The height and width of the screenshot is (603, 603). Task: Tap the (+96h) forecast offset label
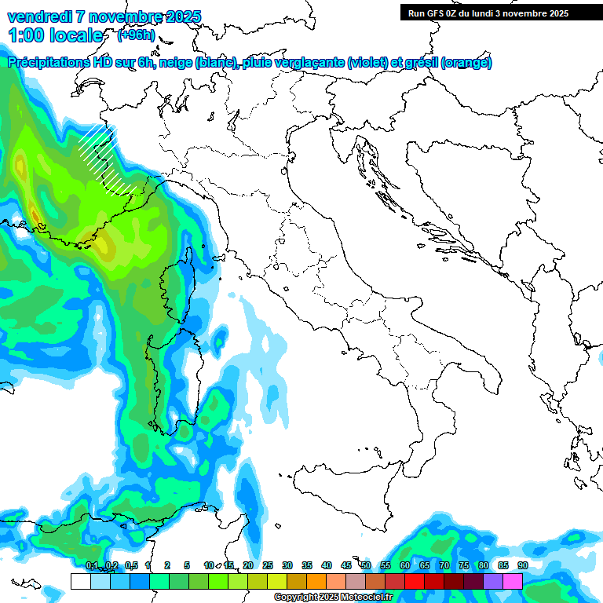(136, 35)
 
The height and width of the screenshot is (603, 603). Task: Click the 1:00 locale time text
(55, 36)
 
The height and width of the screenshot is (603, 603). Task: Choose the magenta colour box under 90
(513, 581)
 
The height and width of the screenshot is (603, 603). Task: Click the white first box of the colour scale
(80, 581)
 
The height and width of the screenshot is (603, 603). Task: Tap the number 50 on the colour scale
(366, 565)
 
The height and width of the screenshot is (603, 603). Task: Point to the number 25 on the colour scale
(268, 565)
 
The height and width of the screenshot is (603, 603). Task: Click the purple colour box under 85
(493, 581)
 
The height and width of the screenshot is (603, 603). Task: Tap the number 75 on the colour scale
(464, 565)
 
